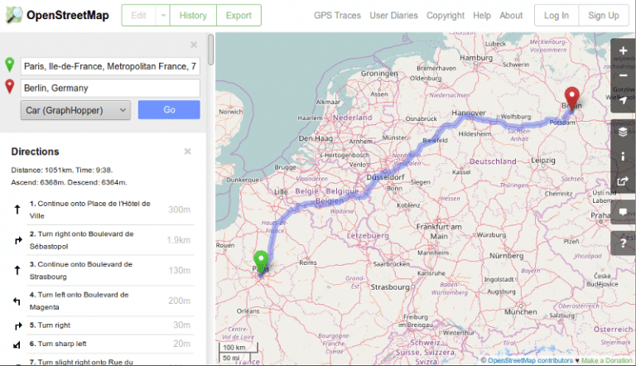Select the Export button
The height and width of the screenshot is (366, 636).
pyautogui.click(x=238, y=15)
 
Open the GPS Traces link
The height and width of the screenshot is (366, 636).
pyautogui.click(x=336, y=15)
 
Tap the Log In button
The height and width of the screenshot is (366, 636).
pyautogui.click(x=556, y=15)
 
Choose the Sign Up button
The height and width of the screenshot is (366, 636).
pyautogui.click(x=603, y=15)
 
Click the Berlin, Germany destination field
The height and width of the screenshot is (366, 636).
pyautogui.click(x=110, y=88)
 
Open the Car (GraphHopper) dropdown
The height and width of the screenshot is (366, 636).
pyautogui.click(x=76, y=109)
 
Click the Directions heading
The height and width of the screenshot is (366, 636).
pyautogui.click(x=36, y=152)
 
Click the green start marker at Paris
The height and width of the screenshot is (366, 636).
pyautogui.click(x=261, y=260)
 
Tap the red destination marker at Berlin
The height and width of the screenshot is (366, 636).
pyautogui.click(x=572, y=97)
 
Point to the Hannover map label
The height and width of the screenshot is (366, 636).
pyautogui.click(x=468, y=113)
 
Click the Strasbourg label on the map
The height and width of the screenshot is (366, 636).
pyautogui.click(x=391, y=288)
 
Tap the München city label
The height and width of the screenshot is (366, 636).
pyautogui.click(x=520, y=312)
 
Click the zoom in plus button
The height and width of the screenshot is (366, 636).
pyautogui.click(x=623, y=51)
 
